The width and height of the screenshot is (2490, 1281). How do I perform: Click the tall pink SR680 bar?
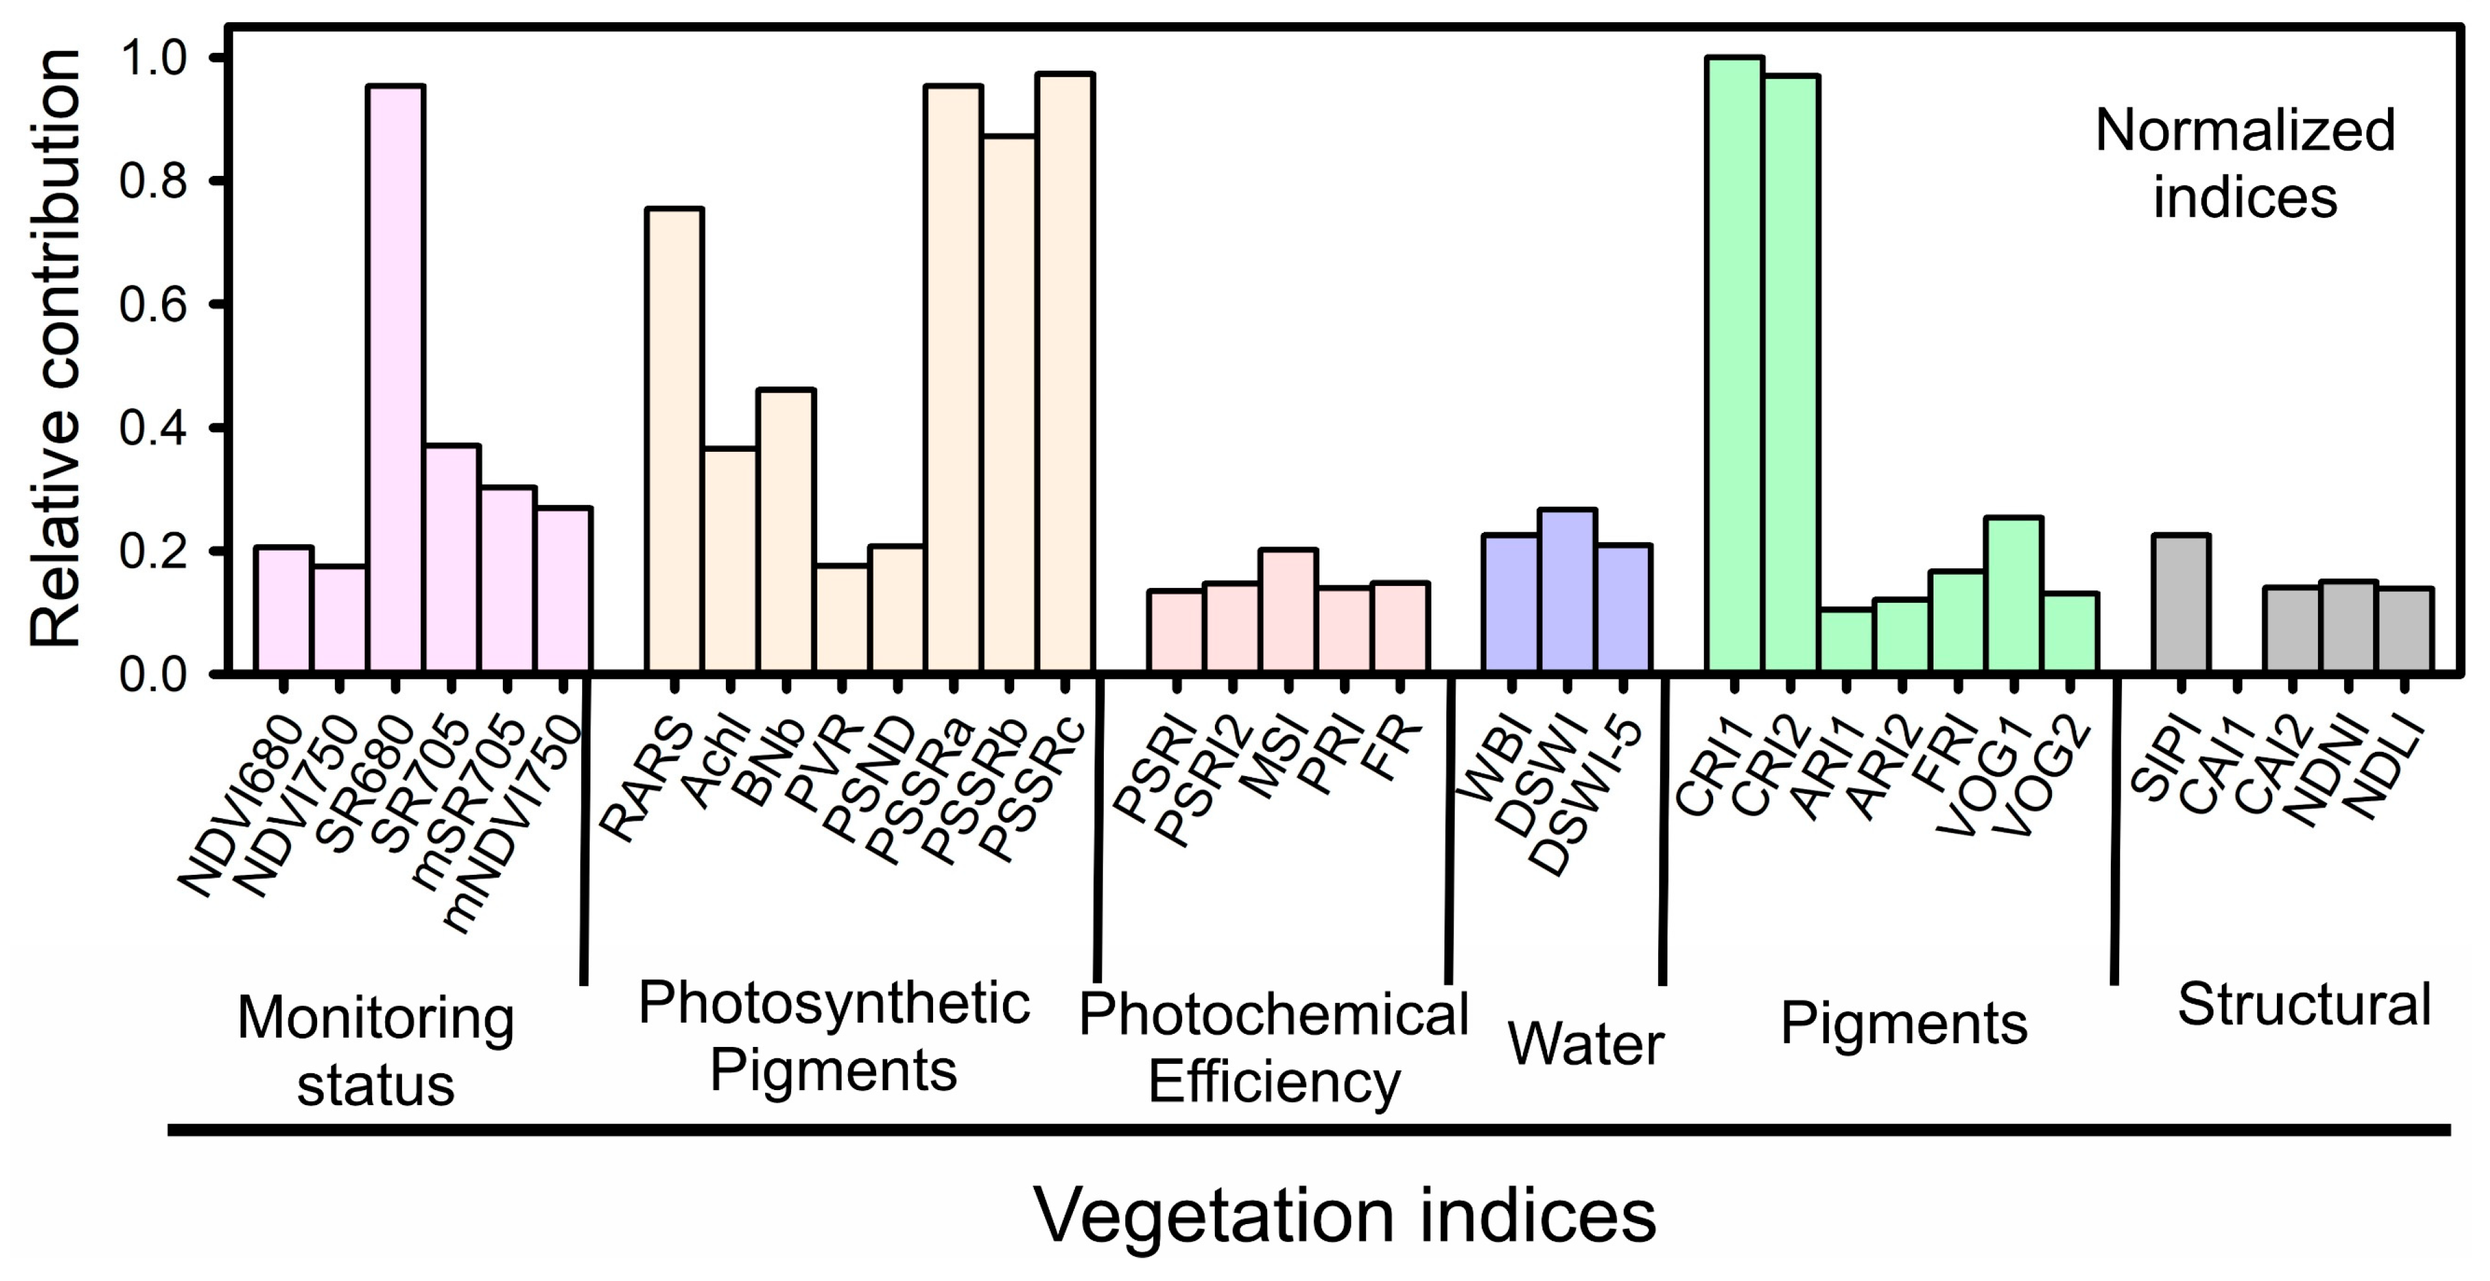click(x=396, y=377)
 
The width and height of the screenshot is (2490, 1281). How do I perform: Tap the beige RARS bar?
click(x=675, y=440)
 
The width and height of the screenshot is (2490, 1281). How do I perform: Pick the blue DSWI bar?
click(x=1568, y=590)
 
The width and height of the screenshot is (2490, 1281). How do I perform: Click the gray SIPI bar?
click(x=2181, y=602)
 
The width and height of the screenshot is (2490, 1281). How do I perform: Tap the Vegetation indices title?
click(x=1346, y=1215)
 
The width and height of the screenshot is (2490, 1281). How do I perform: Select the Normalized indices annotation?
click(x=2245, y=163)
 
